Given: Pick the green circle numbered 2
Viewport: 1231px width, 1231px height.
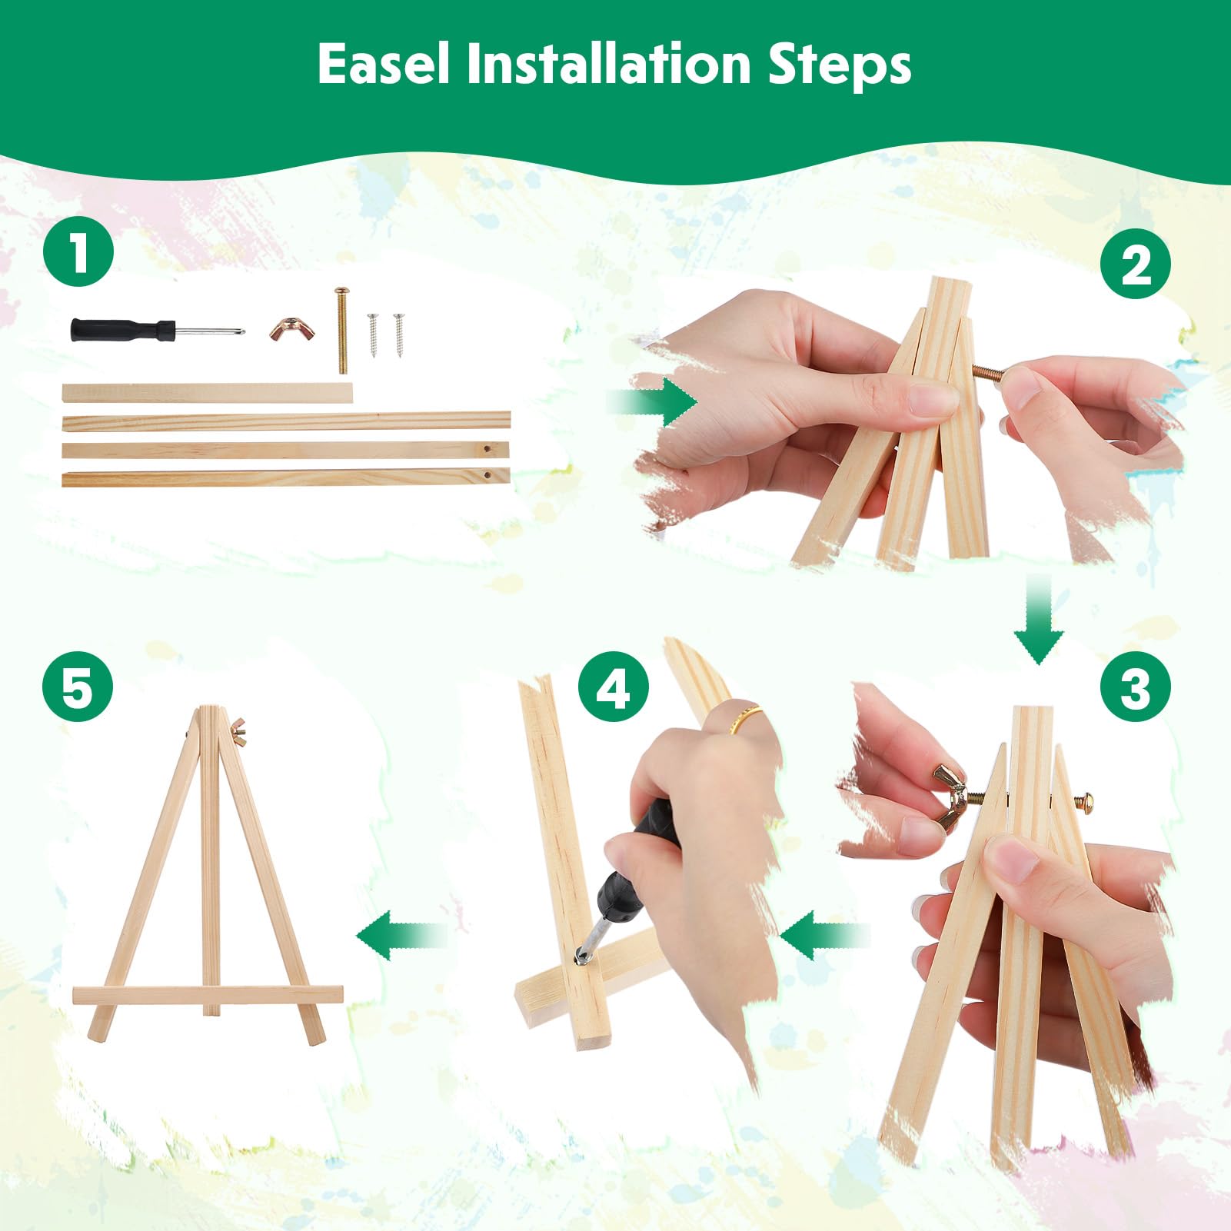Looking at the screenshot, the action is click(x=1136, y=264).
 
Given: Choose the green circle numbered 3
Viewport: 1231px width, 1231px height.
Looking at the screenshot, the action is click(x=1136, y=687).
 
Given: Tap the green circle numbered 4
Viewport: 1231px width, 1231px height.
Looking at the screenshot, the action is click(x=614, y=687).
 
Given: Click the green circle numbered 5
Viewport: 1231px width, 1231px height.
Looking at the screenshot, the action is click(x=78, y=687).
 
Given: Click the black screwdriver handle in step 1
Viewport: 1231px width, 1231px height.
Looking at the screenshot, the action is click(x=123, y=330).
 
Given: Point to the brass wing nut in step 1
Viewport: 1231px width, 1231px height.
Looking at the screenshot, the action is click(x=293, y=328).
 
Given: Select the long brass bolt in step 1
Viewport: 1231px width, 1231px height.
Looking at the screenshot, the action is click(x=341, y=331).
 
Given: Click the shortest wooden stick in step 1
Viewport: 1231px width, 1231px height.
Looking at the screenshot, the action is click(x=208, y=393).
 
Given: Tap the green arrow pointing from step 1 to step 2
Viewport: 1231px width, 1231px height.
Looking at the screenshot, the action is click(x=651, y=401).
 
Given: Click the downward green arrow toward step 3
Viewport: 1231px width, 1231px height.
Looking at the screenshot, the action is click(x=1039, y=618).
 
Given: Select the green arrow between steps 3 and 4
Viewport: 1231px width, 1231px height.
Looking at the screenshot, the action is click(x=824, y=935).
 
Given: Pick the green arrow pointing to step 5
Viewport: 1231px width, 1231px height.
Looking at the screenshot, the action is click(x=401, y=935).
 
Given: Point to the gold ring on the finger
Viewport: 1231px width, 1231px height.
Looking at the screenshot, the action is click(x=745, y=720).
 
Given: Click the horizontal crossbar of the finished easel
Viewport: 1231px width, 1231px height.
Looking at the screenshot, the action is click(x=208, y=995).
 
